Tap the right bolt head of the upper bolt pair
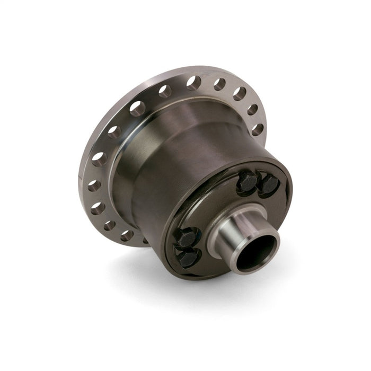coord(269,185)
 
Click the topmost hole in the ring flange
coord(193,82)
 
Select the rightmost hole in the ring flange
coord(258,129)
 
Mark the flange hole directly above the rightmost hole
coord(252,109)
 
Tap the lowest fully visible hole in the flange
coord(127,235)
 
